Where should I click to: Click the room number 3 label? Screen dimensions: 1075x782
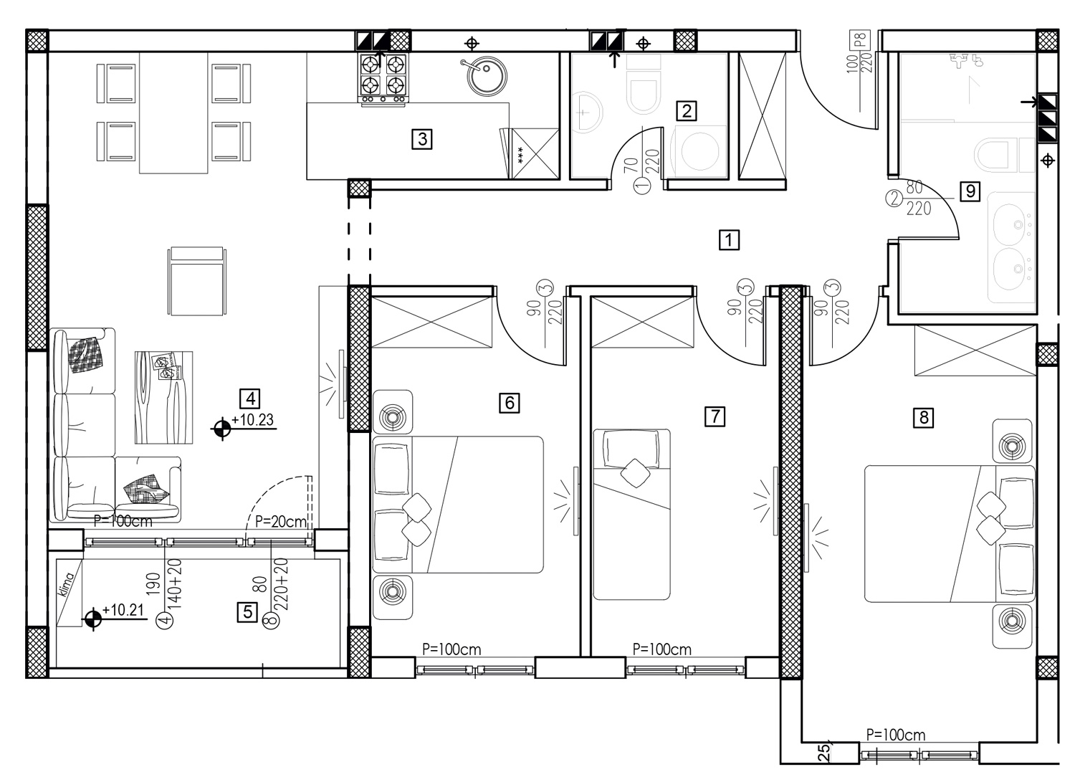click(x=422, y=139)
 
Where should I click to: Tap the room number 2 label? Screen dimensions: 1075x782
click(x=687, y=111)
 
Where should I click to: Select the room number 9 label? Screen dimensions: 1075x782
click(x=970, y=191)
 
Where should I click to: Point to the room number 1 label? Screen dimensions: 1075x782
click(x=729, y=239)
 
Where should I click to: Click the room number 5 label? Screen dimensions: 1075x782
click(x=248, y=612)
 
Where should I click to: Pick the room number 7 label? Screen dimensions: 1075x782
click(x=715, y=416)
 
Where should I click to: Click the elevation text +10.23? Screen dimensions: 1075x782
click(x=252, y=420)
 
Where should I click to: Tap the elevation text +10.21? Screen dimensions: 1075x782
click(x=123, y=610)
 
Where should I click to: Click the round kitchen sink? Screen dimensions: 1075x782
click(x=487, y=76)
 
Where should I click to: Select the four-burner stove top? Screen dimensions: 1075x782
click(x=383, y=78)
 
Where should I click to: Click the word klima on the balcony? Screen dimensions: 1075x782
click(x=66, y=585)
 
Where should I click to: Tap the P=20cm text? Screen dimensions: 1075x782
click(x=281, y=521)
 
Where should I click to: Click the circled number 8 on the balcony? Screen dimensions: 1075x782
click(x=271, y=621)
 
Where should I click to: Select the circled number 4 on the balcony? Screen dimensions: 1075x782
click(x=165, y=620)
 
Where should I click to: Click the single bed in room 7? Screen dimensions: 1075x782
click(x=631, y=514)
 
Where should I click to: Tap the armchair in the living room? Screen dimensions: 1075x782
click(x=197, y=281)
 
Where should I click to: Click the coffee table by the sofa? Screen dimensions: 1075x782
click(x=163, y=398)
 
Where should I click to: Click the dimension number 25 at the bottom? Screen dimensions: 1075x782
click(x=823, y=753)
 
